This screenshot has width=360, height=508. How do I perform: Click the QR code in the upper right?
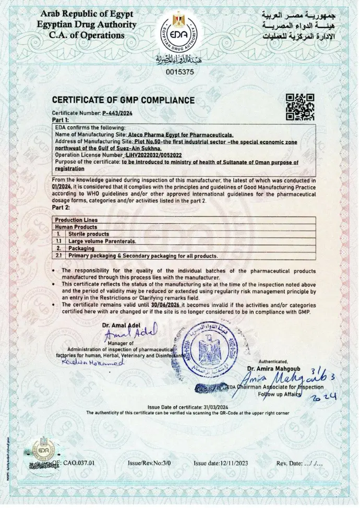301,107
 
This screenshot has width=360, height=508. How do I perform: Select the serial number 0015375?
179,72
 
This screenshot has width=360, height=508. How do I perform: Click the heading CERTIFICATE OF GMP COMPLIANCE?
123,100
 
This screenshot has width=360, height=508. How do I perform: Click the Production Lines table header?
76,221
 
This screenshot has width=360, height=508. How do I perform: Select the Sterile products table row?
91,235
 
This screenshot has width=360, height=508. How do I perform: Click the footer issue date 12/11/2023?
227,463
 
